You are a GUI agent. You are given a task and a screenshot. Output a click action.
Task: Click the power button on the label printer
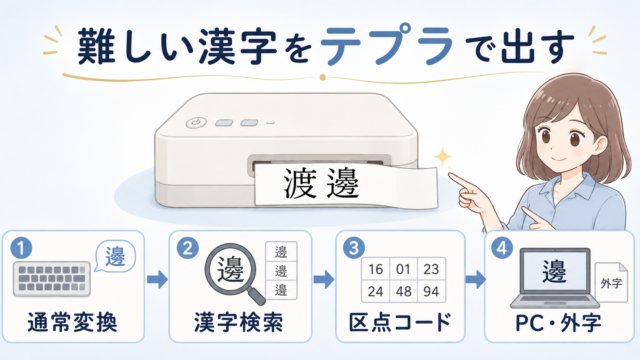point(196,122)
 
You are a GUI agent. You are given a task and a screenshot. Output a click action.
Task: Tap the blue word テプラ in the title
point(387,44)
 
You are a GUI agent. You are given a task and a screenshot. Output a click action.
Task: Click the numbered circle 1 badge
point(21,248)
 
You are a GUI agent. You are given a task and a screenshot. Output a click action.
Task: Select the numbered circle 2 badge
point(188,248)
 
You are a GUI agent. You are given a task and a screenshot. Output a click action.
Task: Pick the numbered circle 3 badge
point(354,248)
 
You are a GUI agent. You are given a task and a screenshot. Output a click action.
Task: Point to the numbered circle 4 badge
point(502,248)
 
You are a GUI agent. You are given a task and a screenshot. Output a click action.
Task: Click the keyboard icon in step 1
point(52,279)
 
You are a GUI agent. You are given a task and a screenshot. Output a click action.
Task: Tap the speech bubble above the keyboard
point(115,256)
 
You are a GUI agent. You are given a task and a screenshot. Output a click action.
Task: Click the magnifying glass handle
point(256,295)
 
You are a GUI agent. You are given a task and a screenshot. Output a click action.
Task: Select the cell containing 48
point(403,291)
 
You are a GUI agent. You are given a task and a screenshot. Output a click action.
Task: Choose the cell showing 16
point(376,269)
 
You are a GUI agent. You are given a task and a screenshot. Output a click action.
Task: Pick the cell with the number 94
point(431,291)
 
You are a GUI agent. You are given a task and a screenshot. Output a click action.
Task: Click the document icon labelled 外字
point(611,282)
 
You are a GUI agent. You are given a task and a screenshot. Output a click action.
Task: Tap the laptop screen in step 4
point(555,271)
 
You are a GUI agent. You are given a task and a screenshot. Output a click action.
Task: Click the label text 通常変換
point(73,322)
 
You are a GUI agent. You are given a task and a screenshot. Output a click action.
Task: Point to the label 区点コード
point(400,322)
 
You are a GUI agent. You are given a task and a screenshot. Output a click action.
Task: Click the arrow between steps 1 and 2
point(157,279)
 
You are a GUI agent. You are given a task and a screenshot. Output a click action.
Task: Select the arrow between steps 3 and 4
point(476,279)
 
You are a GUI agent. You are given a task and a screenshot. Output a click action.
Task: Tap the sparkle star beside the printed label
point(442,157)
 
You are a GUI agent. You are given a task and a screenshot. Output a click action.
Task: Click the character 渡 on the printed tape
point(300,183)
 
